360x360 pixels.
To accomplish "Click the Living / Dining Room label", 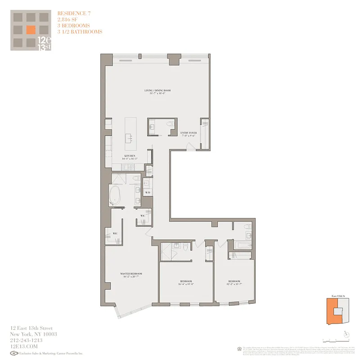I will coord(157,90).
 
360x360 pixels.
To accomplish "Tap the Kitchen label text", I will coord(130,156).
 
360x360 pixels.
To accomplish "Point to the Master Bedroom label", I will coord(131,274).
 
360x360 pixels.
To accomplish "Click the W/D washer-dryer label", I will coord(147,193).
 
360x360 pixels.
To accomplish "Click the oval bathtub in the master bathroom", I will coord(116,196).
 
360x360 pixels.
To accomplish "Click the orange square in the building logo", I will coord(31,30).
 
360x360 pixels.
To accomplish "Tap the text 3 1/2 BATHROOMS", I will coord(80,31).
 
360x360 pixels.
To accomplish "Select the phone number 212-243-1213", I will coord(26,340).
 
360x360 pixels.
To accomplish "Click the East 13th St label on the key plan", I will coord(337,296).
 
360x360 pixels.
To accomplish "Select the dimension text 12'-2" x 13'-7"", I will coord(234,283).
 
